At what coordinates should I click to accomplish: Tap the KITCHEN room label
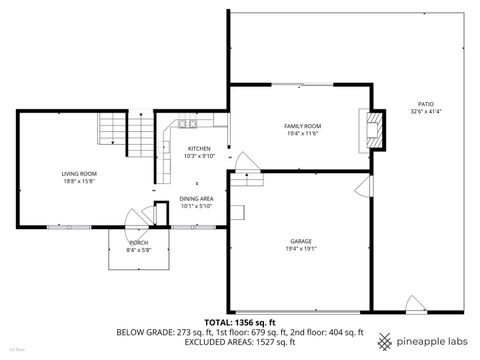[x=198, y=148]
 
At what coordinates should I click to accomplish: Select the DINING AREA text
[x=196, y=200]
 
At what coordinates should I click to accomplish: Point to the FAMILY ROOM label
[x=301, y=125]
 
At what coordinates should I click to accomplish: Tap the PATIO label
[x=425, y=104]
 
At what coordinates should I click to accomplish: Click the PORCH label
[x=139, y=243]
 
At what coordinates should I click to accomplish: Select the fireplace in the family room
[x=374, y=126]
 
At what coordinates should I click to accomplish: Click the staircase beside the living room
[x=113, y=129]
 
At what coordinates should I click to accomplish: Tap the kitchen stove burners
[x=186, y=124]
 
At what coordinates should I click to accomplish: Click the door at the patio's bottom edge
[x=414, y=303]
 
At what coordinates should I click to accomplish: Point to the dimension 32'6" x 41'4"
[x=425, y=112]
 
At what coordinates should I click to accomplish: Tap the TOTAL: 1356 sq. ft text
[x=239, y=322]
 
